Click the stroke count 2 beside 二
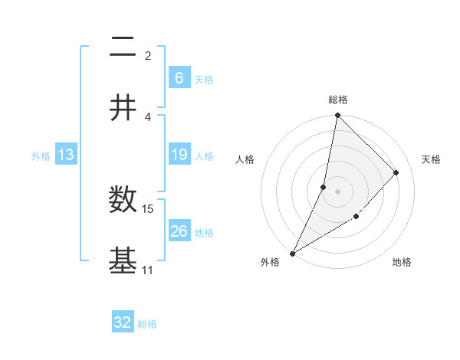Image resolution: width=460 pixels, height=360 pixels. (147, 55)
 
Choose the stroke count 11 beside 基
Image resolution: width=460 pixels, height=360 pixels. (148, 270)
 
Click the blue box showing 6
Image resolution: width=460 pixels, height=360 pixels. (179, 77)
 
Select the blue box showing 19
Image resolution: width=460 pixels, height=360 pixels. (179, 155)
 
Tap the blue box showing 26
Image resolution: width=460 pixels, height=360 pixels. (179, 231)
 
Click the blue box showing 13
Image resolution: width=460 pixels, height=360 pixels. (66, 155)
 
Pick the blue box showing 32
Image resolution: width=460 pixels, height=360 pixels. (123, 322)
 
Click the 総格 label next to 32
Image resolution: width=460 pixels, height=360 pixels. (147, 324)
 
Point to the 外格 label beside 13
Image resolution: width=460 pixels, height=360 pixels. (41, 156)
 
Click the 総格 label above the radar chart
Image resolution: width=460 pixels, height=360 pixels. (337, 100)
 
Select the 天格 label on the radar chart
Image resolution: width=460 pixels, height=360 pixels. (431, 159)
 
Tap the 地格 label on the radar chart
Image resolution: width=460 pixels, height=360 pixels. (402, 262)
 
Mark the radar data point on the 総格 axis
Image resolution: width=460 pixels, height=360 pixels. (337, 116)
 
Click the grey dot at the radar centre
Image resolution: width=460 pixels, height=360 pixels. (337, 191)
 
